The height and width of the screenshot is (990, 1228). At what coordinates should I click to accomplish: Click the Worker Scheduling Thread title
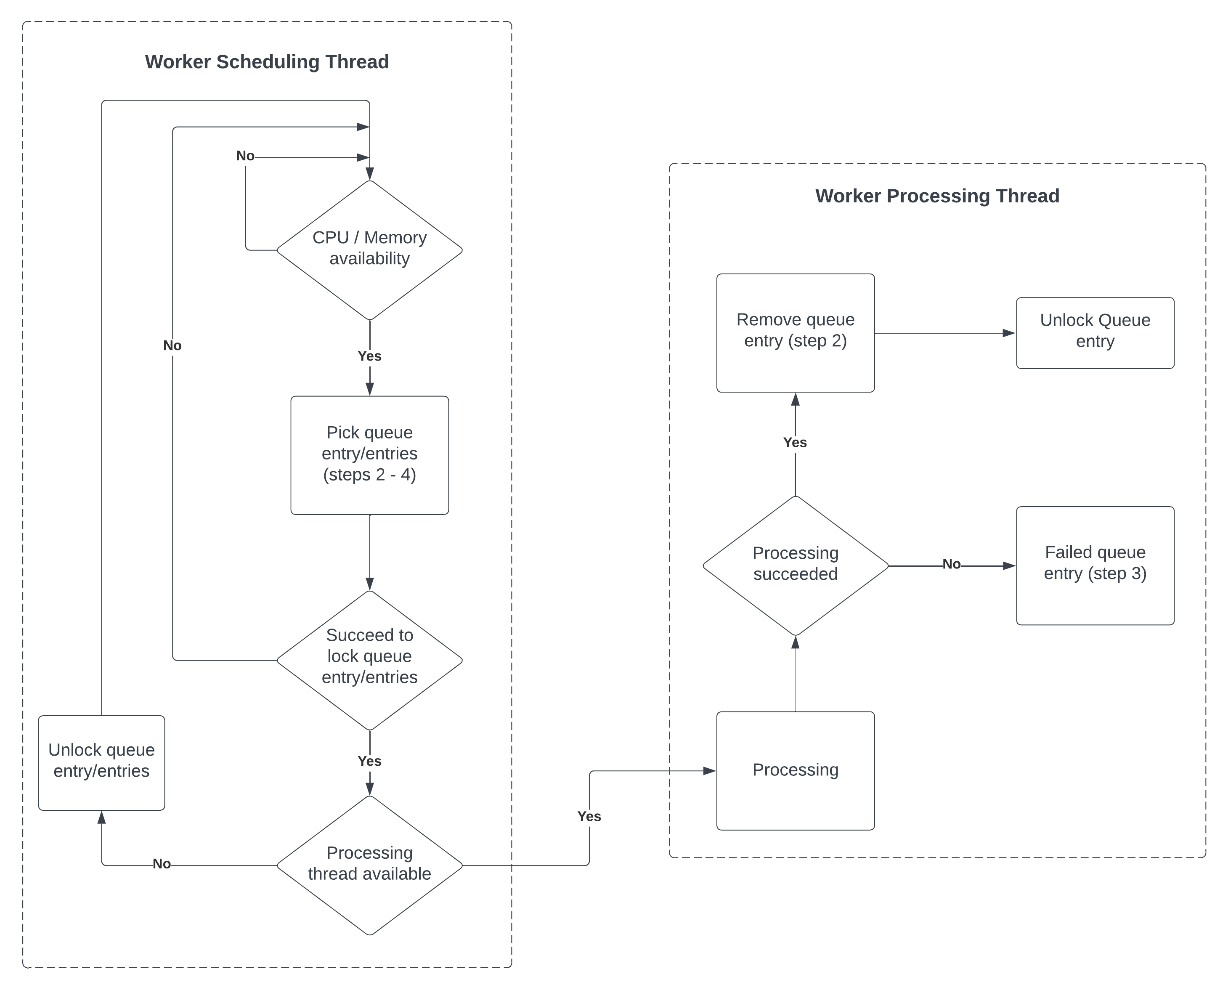(267, 61)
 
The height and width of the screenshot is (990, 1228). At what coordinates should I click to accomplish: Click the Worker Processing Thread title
(937, 196)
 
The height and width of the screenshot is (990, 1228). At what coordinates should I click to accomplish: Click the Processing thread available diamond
(369, 865)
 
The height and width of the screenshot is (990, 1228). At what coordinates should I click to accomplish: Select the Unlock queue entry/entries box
(101, 762)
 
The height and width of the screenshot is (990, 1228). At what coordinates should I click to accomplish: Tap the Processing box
(795, 770)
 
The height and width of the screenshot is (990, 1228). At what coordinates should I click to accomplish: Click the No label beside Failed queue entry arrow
(951, 564)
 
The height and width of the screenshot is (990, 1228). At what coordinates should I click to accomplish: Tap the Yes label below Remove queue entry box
(795, 443)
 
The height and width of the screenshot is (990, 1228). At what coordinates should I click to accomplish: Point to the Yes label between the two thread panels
(589, 816)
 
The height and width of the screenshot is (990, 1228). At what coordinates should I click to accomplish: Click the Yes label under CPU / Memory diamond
(369, 356)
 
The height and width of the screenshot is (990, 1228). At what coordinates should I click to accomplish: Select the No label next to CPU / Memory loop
(245, 156)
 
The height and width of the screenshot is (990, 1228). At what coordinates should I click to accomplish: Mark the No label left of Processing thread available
(162, 864)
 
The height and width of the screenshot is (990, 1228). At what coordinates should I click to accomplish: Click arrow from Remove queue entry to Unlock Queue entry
(944, 333)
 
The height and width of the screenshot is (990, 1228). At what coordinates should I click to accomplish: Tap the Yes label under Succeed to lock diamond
(369, 761)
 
